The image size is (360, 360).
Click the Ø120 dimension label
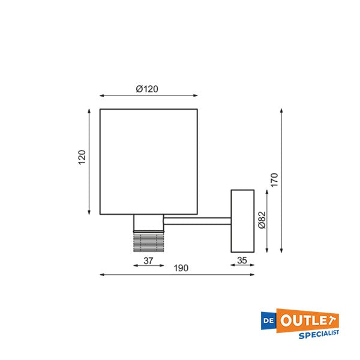pos(147,89)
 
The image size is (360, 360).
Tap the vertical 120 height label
pos(82,157)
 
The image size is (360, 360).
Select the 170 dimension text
pos(274,179)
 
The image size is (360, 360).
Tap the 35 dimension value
pos(242,260)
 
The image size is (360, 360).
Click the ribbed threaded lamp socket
pos(148,241)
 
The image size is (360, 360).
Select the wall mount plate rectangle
pos(242,221)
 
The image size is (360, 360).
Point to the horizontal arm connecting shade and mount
pos(197,221)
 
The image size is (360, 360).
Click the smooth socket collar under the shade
pos(148,223)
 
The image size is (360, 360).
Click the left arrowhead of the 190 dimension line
pos(101,274)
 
